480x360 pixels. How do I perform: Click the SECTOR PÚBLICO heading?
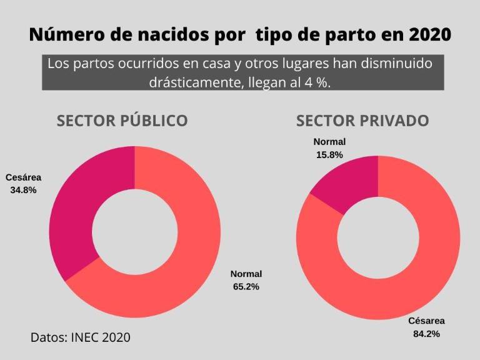tap(122, 121)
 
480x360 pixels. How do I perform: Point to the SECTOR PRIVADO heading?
tap(362, 121)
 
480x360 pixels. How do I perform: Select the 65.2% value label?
tap(246, 286)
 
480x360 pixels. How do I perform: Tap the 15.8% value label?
tap(329, 154)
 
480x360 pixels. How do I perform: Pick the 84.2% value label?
tap(426, 333)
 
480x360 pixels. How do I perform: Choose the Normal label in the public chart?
tap(246, 274)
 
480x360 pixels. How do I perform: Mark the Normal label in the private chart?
tap(329, 142)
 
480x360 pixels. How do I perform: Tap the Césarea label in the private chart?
tap(427, 321)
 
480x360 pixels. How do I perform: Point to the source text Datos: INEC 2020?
tap(81, 337)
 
